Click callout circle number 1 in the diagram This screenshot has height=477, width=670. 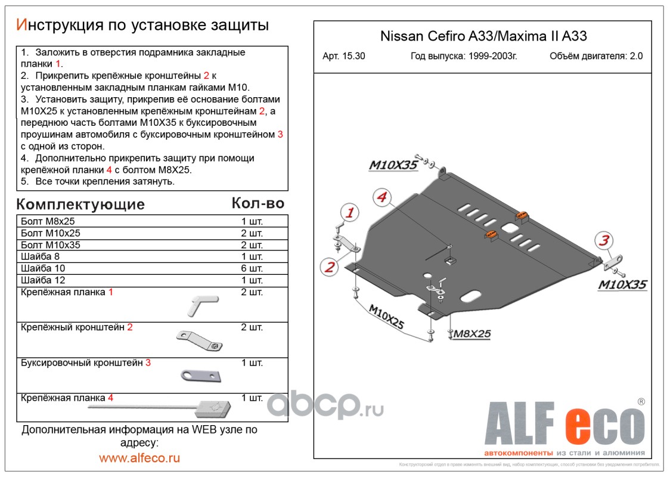350,212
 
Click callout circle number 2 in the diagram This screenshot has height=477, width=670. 329,267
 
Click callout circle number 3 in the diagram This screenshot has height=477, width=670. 604,241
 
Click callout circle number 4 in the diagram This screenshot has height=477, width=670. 381,197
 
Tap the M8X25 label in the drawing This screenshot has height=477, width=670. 472,334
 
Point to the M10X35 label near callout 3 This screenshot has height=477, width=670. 622,284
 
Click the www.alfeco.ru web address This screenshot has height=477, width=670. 139,458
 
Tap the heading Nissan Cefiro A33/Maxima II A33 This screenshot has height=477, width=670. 483,36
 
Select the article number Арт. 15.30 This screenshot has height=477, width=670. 344,57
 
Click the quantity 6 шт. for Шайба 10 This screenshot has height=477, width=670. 252,268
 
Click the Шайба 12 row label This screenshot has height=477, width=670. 42,280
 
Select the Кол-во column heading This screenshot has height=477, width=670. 258,203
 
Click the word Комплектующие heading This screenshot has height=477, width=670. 80,205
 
